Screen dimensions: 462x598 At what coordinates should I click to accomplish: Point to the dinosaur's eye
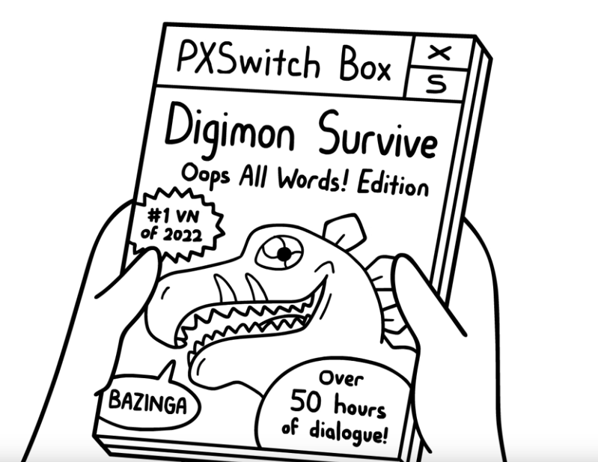[x=282, y=254]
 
